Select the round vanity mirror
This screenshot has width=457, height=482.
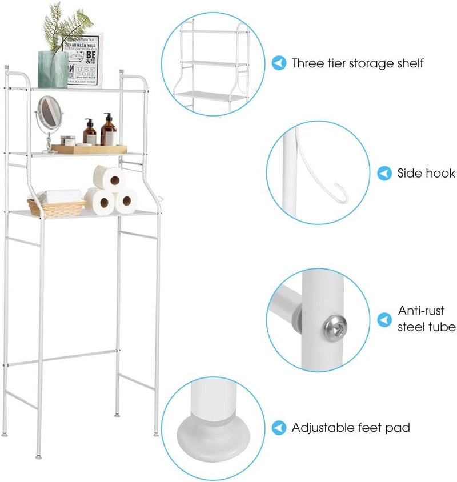(x=49, y=113)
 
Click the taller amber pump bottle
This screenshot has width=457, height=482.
(x=109, y=132)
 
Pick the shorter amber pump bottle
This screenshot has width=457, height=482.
(x=90, y=133)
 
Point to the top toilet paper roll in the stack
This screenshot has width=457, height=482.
(x=109, y=178)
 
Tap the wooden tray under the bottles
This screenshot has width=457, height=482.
(x=90, y=149)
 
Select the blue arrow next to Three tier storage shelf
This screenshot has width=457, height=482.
(x=279, y=63)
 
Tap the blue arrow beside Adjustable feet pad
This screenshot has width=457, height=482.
(x=279, y=427)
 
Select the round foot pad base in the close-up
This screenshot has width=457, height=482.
(x=213, y=441)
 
